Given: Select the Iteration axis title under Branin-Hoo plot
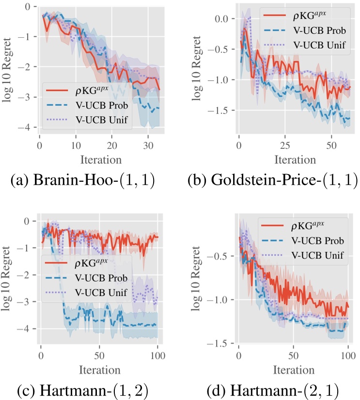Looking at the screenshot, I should [x=100, y=158].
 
